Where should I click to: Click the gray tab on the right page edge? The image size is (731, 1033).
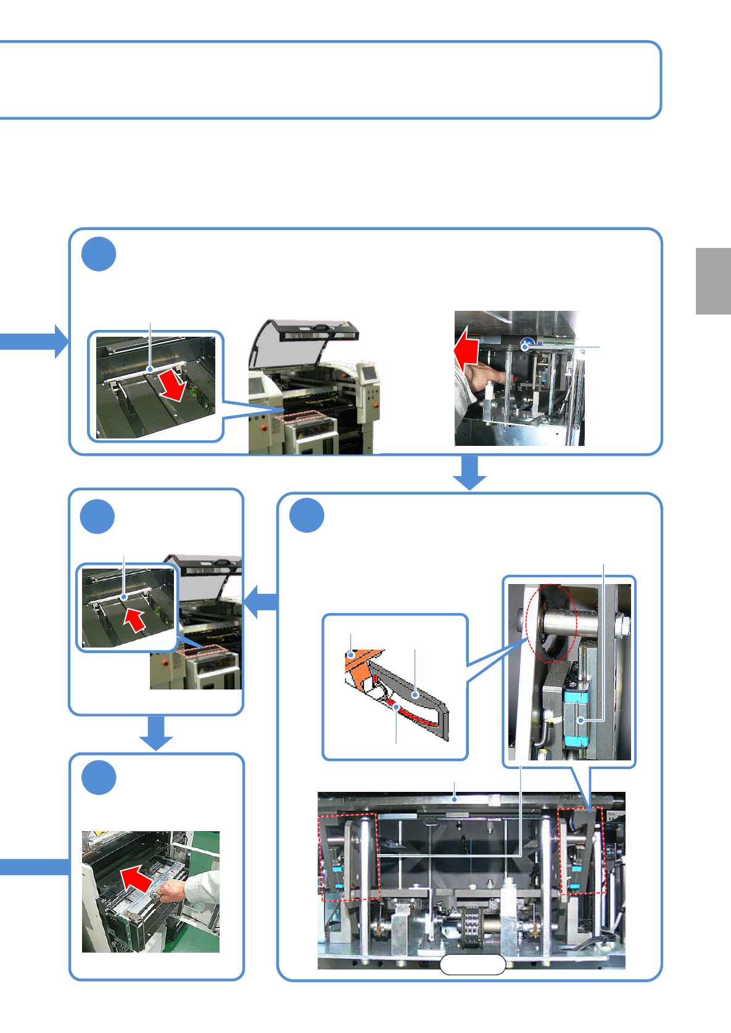[x=713, y=281]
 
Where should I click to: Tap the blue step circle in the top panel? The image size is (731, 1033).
[x=99, y=254]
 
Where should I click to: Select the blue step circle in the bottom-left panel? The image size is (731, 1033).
[x=99, y=778]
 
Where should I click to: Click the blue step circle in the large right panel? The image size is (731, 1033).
[x=307, y=516]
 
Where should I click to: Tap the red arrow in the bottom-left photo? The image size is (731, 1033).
[x=136, y=878]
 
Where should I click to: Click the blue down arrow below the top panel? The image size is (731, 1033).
[x=470, y=472]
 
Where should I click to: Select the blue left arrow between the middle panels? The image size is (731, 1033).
[x=261, y=601]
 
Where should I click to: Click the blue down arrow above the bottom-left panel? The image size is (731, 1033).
[x=156, y=733]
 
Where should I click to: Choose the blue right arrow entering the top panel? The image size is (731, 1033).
[x=34, y=341]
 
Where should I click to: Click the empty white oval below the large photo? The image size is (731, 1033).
[x=473, y=965]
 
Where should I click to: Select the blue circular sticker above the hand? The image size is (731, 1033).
[x=526, y=345]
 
